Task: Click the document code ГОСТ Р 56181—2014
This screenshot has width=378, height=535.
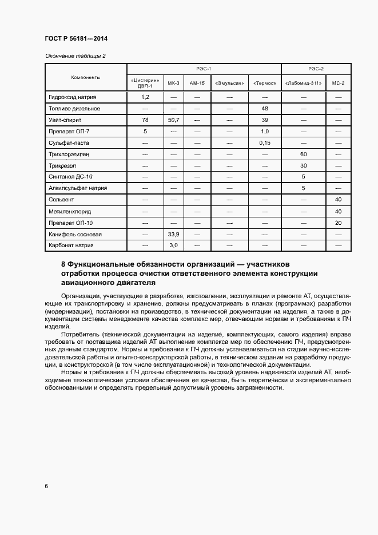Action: [x=75, y=39]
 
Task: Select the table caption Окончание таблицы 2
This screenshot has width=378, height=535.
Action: [x=75, y=56]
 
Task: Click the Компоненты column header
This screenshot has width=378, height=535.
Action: [x=86, y=77]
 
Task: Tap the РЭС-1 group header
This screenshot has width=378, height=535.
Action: [x=204, y=69]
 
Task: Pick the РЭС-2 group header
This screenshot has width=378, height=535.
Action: [x=316, y=69]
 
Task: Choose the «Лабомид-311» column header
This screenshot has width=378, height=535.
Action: [x=303, y=84]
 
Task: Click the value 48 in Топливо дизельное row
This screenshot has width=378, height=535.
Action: [x=264, y=108]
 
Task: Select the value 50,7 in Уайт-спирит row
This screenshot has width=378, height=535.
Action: [x=173, y=120]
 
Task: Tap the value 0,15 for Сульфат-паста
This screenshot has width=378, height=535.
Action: [x=264, y=142]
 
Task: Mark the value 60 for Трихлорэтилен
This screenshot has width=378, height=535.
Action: [x=303, y=154]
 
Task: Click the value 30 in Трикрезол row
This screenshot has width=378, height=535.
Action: [x=303, y=165]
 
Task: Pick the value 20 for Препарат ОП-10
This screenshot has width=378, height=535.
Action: [x=338, y=223]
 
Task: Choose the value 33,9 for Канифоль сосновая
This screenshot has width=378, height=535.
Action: [x=173, y=234]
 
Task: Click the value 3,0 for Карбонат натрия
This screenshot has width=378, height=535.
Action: [x=173, y=245]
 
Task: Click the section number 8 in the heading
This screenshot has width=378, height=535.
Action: [x=62, y=264]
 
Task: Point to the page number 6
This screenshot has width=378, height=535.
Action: [x=46, y=486]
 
